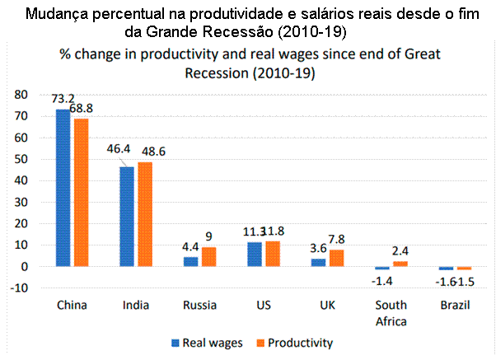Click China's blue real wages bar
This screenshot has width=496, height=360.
(x=63, y=187)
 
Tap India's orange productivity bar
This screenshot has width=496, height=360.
(x=145, y=214)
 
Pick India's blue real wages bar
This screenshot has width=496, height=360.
(x=128, y=217)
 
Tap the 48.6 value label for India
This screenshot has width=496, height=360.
(x=149, y=153)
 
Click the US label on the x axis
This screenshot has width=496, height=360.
(x=263, y=305)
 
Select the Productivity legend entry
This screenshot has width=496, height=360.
(x=298, y=341)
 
